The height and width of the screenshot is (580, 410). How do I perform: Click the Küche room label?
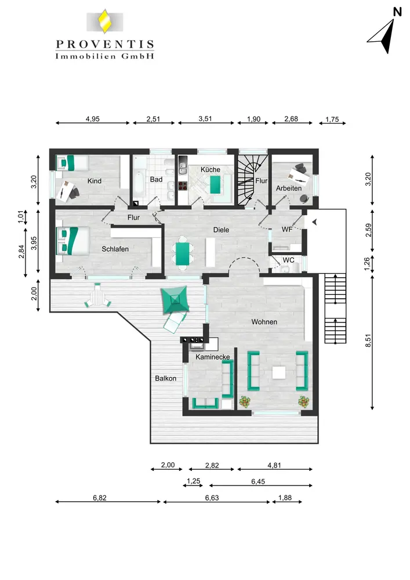tap(211, 170)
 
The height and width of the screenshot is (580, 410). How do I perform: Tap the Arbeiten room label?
tap(289, 188)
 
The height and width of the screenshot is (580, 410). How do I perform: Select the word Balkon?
tap(166, 378)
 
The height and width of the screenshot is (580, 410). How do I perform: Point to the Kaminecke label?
tap(213, 357)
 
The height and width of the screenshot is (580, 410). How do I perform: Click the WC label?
tap(288, 260)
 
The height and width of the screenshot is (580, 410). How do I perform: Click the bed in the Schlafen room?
tap(72, 241)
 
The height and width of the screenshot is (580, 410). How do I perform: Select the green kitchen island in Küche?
tap(215, 184)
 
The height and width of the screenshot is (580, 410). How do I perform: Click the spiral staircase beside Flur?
tap(246, 180)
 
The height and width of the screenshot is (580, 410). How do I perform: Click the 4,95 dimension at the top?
tap(92, 119)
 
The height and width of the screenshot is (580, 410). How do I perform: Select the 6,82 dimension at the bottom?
tap(99, 498)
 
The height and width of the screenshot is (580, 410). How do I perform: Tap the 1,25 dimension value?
tap(193, 481)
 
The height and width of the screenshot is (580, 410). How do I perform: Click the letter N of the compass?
tap(397, 12)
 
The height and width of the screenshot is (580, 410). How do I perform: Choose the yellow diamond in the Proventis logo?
tap(105, 22)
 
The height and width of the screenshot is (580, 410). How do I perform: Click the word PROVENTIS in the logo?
tap(105, 45)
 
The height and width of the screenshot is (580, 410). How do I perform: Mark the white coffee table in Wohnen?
tap(279, 372)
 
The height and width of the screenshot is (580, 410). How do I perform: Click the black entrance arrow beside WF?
tap(314, 222)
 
